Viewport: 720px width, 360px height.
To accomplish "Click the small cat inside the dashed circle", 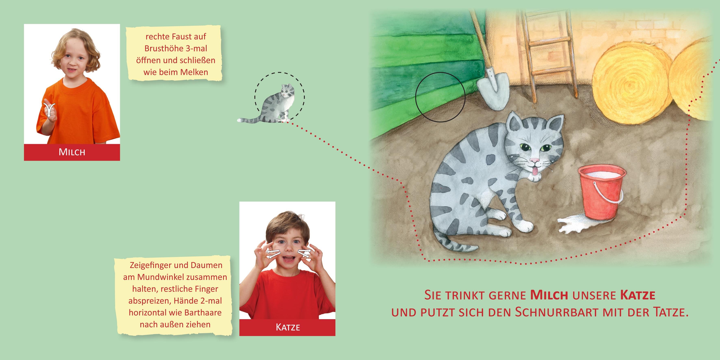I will pos(275,105).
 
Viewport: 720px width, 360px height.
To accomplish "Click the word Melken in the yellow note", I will pos(194,72).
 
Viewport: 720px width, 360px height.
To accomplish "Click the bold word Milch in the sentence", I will pos(549,295).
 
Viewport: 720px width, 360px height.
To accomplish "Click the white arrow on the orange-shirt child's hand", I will pos(49,110).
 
